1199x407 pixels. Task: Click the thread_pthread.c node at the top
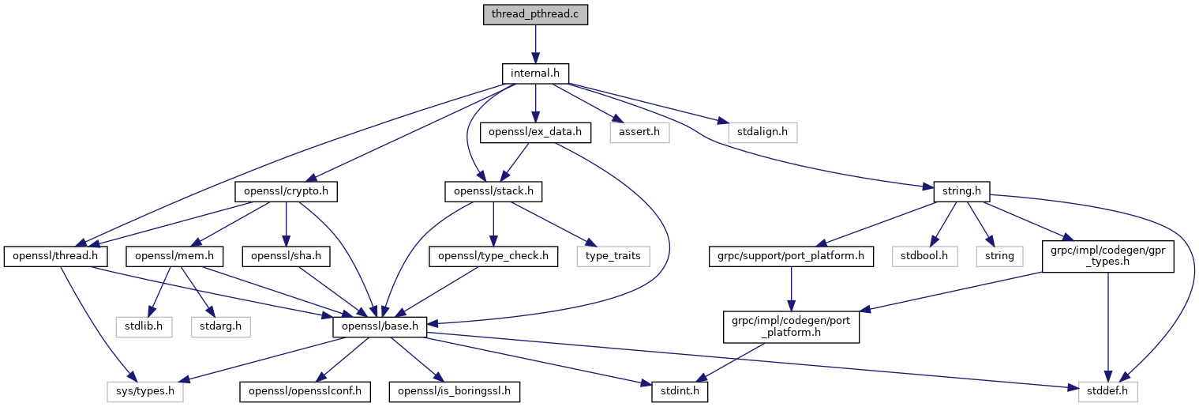(x=535, y=14)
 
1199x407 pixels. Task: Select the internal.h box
(x=535, y=73)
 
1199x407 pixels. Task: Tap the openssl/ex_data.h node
(x=535, y=133)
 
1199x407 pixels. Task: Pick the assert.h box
(x=639, y=133)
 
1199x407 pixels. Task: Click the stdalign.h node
(x=762, y=133)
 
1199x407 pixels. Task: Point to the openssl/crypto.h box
(x=287, y=191)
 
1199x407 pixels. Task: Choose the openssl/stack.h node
(x=493, y=191)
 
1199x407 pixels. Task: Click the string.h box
(x=962, y=191)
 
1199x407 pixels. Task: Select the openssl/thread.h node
(x=56, y=256)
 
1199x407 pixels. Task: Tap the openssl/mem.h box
(x=174, y=256)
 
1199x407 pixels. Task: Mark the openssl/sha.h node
(x=287, y=256)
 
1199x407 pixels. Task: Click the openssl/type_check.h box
(x=493, y=256)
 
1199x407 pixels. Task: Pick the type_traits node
(x=613, y=256)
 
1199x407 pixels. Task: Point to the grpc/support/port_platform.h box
(x=791, y=256)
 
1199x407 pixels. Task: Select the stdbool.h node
(x=924, y=256)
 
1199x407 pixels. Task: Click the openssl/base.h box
(x=380, y=327)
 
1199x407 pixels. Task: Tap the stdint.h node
(x=680, y=391)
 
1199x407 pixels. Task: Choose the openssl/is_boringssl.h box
(x=455, y=391)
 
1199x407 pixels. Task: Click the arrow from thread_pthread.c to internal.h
(x=535, y=44)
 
